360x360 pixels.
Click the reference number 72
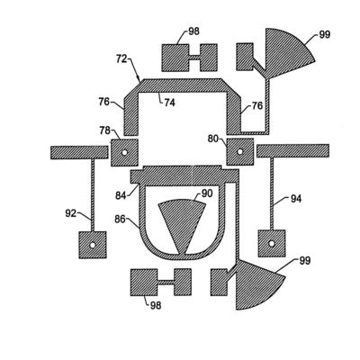click(x=121, y=58)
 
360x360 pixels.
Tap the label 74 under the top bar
click(x=169, y=103)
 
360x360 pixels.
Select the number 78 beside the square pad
click(x=104, y=130)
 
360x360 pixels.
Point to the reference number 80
click(x=213, y=139)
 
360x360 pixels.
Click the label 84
click(x=121, y=195)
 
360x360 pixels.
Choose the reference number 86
click(x=121, y=220)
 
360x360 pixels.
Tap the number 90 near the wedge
click(x=207, y=193)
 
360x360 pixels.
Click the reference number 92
click(x=71, y=213)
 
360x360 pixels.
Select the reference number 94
click(x=296, y=198)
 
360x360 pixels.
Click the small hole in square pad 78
click(x=124, y=152)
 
